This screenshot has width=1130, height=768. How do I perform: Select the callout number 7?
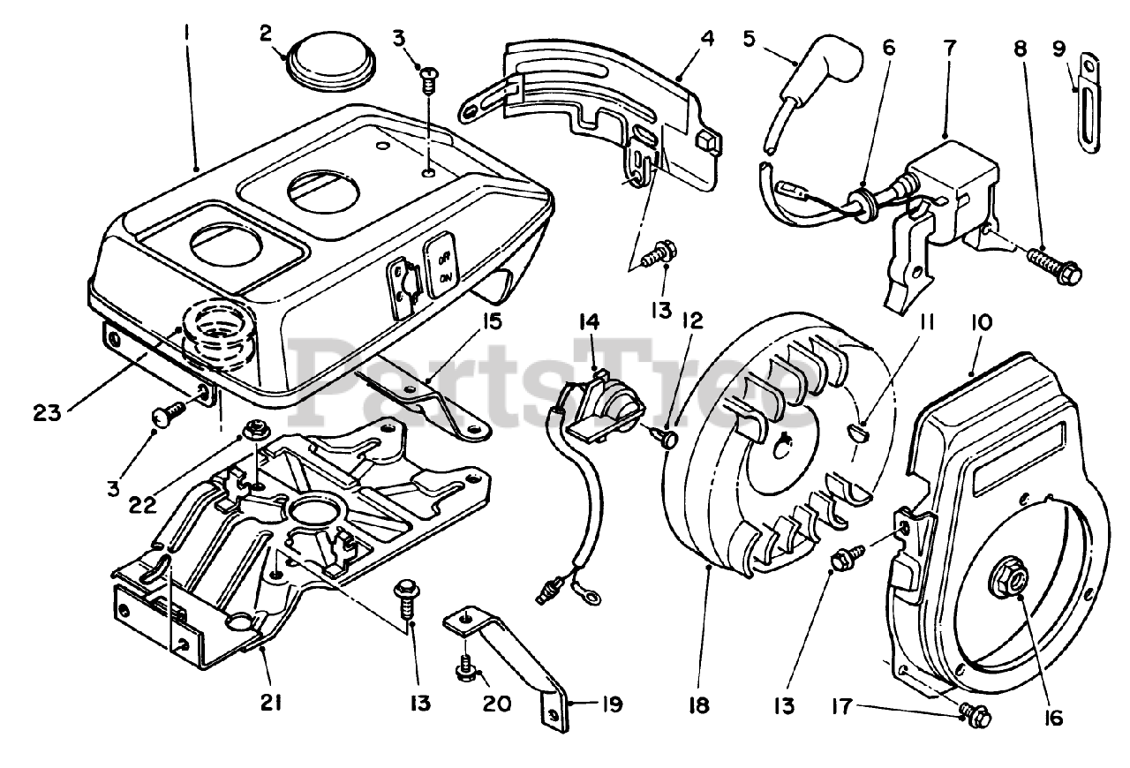coord(949,48)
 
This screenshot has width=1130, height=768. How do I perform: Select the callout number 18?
coord(699,705)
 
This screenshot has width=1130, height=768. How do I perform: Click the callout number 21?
coord(271,703)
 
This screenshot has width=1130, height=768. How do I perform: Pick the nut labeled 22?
coord(253,432)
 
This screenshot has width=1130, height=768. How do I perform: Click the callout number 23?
coord(48,413)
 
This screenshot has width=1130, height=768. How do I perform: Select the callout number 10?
coord(981,323)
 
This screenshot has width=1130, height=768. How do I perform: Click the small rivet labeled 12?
coord(666,440)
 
